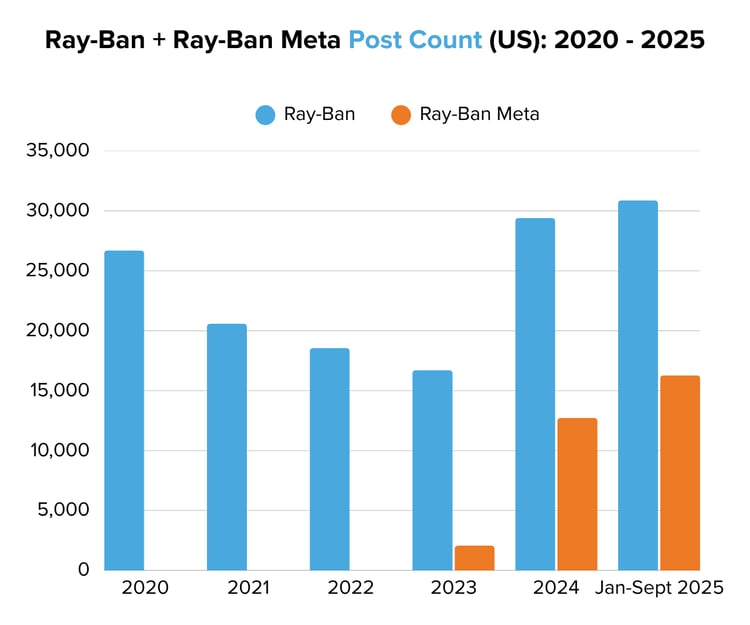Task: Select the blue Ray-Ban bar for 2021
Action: pyautogui.click(x=227, y=447)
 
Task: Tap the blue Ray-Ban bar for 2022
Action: pyautogui.click(x=330, y=459)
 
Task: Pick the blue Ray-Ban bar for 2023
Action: pyautogui.click(x=432, y=470)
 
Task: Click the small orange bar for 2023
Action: pyautogui.click(x=474, y=557)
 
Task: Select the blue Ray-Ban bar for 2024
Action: pyautogui.click(x=535, y=394)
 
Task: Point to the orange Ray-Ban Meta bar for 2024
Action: pyautogui.click(x=577, y=494)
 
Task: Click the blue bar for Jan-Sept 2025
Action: pyautogui.click(x=638, y=385)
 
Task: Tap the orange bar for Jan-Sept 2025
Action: pyautogui.click(x=680, y=472)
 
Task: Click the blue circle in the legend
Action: pyautogui.click(x=265, y=114)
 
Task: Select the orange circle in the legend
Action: pyautogui.click(x=401, y=114)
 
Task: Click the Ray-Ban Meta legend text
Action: pyautogui.click(x=479, y=114)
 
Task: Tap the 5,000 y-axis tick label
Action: pyautogui.click(x=61, y=510)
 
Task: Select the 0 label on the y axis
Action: pyautogui.click(x=83, y=570)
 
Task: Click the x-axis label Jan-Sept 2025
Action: pyautogui.click(x=660, y=588)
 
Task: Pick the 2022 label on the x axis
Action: pyautogui.click(x=350, y=588)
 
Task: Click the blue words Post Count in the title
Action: pyautogui.click(x=414, y=40)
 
